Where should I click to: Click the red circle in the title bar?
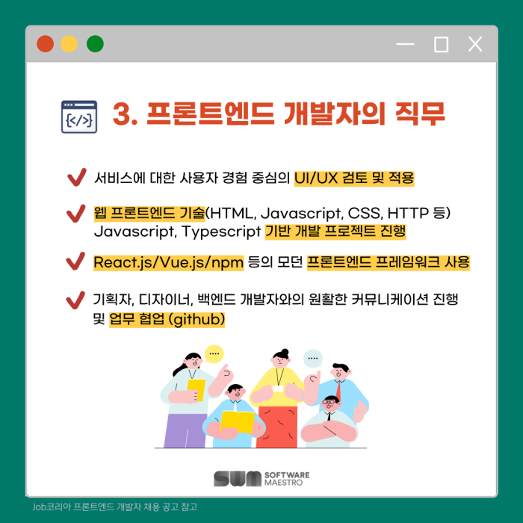tap(45, 43)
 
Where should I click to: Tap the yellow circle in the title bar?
tap(69, 43)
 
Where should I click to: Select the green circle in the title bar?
tap(95, 43)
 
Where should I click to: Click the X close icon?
tap(475, 44)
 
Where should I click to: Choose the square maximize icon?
tap(441, 44)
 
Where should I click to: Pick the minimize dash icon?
tap(405, 44)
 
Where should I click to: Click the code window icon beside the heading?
tap(79, 117)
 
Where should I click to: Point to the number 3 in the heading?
tap(121, 114)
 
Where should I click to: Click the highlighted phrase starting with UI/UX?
tap(354, 178)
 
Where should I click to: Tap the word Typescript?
tap(221, 231)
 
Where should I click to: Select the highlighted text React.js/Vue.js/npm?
tap(168, 262)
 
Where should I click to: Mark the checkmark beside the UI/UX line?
tap(77, 177)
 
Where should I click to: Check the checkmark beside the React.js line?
tap(75, 261)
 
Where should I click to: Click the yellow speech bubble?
tap(214, 353)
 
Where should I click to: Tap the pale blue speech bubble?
tap(313, 359)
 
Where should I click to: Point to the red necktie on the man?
tap(338, 390)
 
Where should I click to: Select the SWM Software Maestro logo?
tap(261, 479)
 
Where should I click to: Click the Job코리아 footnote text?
tap(115, 507)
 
